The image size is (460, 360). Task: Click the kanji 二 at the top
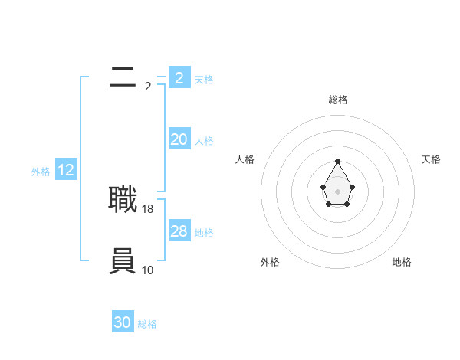pos(123,77)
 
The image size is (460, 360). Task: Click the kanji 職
pos(123,200)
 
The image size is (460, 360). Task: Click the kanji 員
pos(123,261)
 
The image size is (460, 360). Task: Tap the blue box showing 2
pos(179,77)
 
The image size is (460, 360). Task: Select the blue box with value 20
pos(179,139)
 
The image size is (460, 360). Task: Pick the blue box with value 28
pos(179,231)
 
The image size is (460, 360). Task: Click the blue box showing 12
pos(66,170)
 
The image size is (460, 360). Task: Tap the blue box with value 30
pos(123,322)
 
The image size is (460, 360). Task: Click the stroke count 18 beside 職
pos(148,208)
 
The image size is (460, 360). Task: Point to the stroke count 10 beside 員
pos(148,270)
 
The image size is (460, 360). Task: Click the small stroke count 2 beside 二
pos(148,87)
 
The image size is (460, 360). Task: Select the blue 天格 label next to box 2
pos(204,79)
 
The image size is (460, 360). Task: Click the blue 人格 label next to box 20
pos(204,141)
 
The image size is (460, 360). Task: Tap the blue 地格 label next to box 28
pos(204,233)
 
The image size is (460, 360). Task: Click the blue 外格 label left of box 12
pos(41,172)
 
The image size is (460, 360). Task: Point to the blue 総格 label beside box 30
pos(147,324)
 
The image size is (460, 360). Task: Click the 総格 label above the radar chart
pos(338,100)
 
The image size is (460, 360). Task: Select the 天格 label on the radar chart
pos(431,159)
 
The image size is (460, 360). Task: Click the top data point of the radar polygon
pos(338,162)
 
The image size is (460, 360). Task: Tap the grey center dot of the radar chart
pos(338,191)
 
